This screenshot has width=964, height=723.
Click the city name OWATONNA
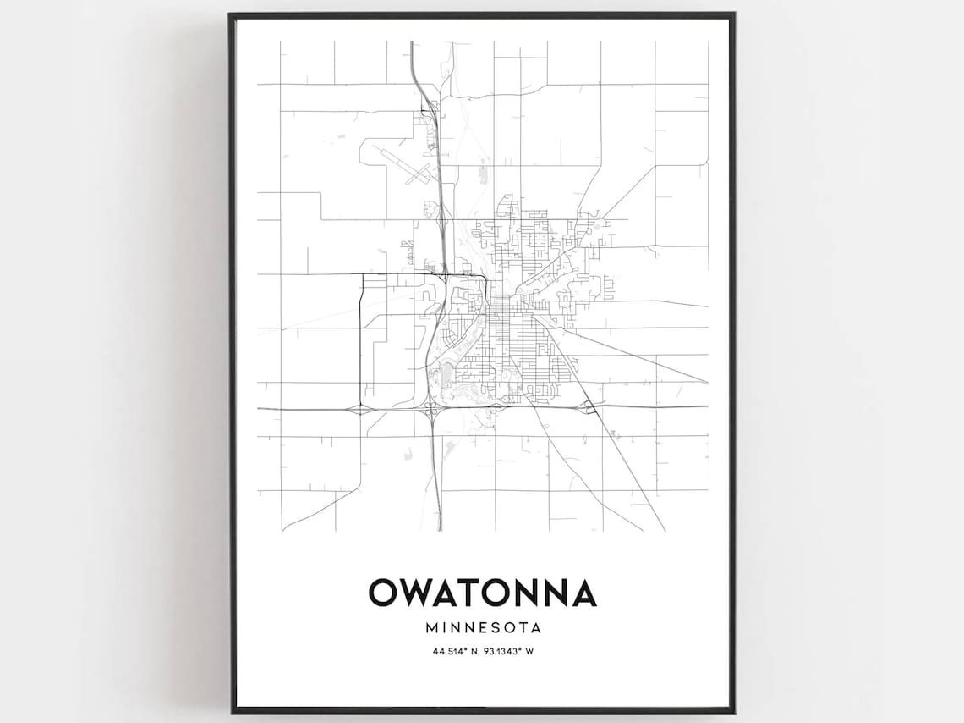click(x=482, y=593)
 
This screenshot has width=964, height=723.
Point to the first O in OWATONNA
click(x=381, y=593)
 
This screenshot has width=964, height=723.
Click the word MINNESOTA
click(x=482, y=628)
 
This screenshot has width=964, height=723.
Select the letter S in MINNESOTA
click(x=497, y=628)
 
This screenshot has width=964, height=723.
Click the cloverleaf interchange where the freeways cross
click(x=432, y=409)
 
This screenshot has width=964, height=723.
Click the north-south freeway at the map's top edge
click(x=412, y=42)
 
